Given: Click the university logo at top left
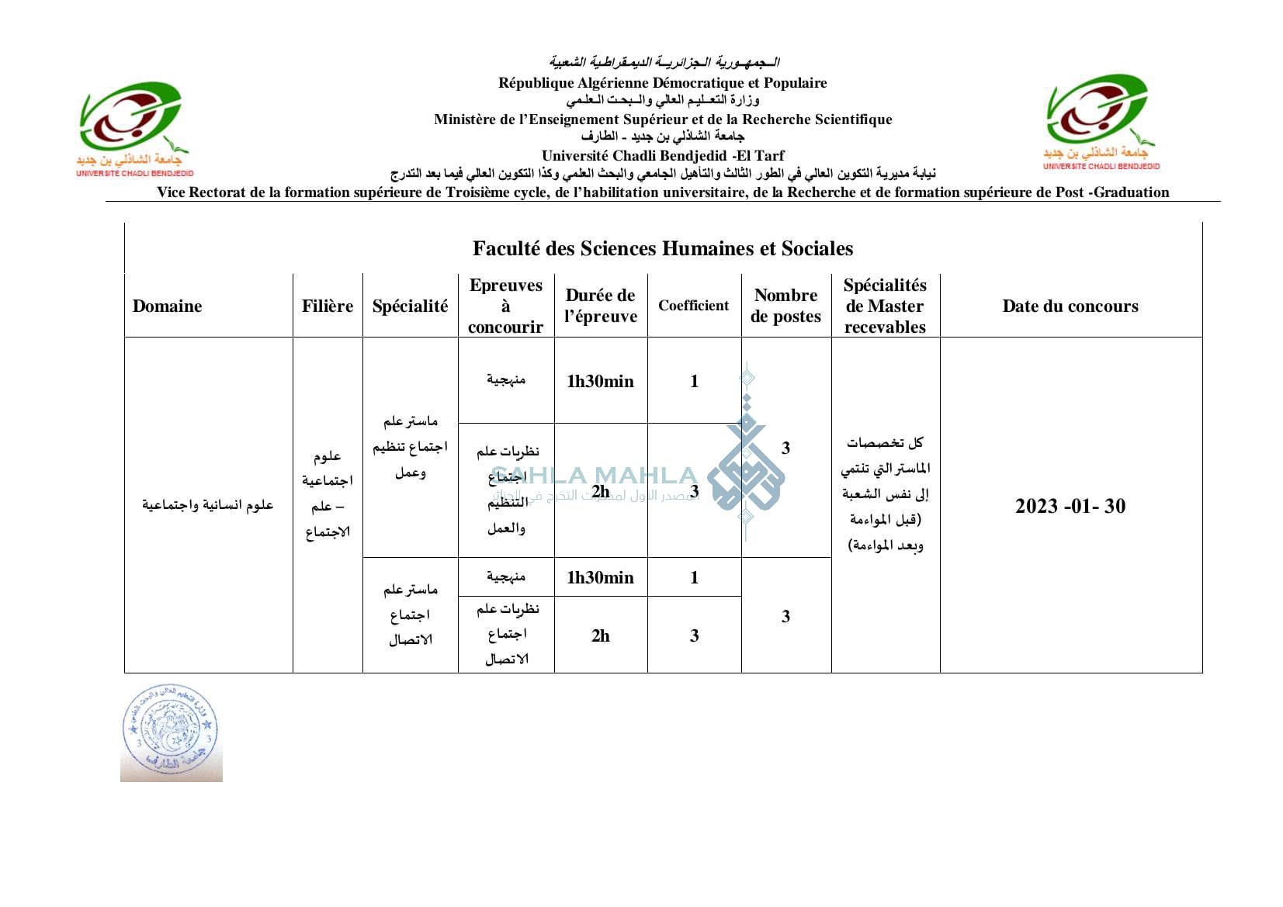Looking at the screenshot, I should pos(134,129).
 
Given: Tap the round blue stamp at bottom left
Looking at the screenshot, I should pos(171,732).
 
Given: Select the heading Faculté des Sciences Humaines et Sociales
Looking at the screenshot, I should pos(663,248).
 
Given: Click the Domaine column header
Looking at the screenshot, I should pos(167,306).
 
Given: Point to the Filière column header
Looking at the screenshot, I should pos(328,306).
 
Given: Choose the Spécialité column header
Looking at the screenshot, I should pos(410,306).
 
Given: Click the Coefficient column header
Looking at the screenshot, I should pos(694,306).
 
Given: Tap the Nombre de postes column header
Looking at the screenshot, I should pos(785,306).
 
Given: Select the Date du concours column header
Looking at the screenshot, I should pos(1070,306).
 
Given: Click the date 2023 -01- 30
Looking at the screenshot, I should pos(1070,506).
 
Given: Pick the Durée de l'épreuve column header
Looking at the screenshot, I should pos(600,306).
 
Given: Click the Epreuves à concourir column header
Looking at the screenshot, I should pos(505,306).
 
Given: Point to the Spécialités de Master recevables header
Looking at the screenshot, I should pos(885,306).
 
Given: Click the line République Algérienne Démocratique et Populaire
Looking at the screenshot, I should pos(662,83).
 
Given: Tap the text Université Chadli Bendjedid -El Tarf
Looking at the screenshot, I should pos(663,155).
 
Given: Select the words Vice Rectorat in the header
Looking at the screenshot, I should pos(202,192).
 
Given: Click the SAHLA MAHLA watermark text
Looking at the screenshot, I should pos(594,475).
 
